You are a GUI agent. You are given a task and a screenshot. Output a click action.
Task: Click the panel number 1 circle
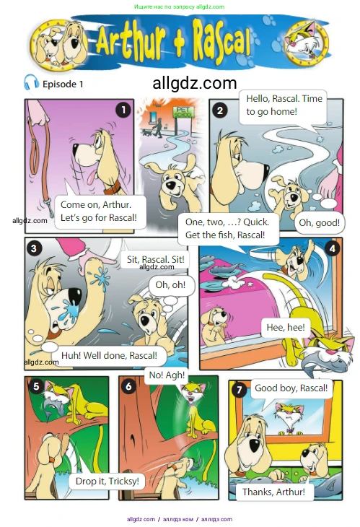[x=123, y=110]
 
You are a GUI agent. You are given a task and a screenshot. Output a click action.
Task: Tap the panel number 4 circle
[x=332, y=248]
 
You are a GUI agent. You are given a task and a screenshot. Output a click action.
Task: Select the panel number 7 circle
[x=239, y=390]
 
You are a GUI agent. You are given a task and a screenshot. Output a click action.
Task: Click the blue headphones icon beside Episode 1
[x=31, y=82]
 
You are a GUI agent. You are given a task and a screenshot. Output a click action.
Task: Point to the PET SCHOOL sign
[x=183, y=112]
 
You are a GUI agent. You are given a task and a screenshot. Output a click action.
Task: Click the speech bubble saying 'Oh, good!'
[x=319, y=222]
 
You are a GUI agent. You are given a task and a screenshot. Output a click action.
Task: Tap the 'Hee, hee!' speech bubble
[x=286, y=327]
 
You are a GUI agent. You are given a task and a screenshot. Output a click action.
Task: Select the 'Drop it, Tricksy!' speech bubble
[x=107, y=481]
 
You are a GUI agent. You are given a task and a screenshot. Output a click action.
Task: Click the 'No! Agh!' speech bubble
[x=167, y=375]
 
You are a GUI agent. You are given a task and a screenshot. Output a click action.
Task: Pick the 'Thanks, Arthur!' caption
[x=273, y=492]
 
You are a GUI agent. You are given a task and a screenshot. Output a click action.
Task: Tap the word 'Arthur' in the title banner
[x=131, y=41]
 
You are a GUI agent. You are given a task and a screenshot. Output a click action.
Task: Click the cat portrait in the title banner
[x=306, y=43]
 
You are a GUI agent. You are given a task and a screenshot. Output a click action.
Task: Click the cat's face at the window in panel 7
[x=289, y=414]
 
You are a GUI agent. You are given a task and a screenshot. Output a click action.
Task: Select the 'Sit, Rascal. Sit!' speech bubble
[x=156, y=259]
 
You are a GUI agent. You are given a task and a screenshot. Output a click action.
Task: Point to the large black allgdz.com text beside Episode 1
[x=195, y=83]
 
